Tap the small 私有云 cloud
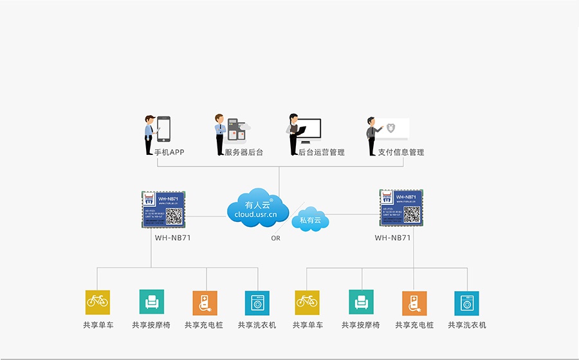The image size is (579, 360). pos(311,220)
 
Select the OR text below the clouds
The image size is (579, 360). pos(275,238)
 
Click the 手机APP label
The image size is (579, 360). pos(169,152)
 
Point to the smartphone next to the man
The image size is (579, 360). pos(164,129)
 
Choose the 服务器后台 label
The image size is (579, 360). pos(244,152)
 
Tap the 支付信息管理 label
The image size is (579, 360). pos(401,152)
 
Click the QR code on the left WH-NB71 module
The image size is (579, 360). pos(174,215)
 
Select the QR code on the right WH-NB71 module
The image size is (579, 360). pos(412,214)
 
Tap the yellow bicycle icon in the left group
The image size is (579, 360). pos(98,302)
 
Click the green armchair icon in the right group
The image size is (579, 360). pos(362,302)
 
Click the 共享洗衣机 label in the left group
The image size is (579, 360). pos(257,325)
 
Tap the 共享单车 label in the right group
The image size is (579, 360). pos(308,325)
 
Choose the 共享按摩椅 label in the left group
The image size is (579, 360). pos(151,325)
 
